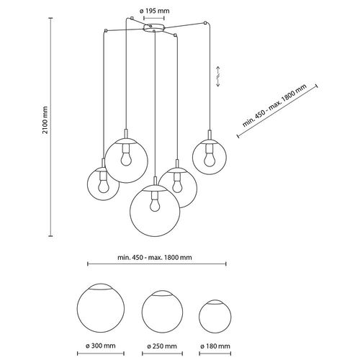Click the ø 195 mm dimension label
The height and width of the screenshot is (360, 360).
[154, 11]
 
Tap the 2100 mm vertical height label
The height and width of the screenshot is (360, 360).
[45, 120]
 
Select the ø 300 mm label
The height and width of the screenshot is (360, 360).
[101, 346]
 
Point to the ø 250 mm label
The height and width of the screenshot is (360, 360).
[162, 346]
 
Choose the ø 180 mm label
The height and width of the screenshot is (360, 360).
[215, 346]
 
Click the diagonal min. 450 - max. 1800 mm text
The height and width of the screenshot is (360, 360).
[274, 106]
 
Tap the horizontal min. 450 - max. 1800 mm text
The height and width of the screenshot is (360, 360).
[155, 258]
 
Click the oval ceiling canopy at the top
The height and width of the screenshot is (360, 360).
[154, 27]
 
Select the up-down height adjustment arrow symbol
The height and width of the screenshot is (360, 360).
[218, 76]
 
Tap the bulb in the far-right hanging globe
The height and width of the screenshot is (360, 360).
[210, 161]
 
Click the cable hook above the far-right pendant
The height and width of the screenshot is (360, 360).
[205, 23]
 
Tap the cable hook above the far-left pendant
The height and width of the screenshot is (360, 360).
[106, 30]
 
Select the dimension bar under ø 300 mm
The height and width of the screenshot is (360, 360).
[101, 354]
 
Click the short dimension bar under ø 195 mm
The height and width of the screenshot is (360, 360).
[154, 18]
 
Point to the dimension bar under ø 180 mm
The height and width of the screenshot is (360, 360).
[215, 354]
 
